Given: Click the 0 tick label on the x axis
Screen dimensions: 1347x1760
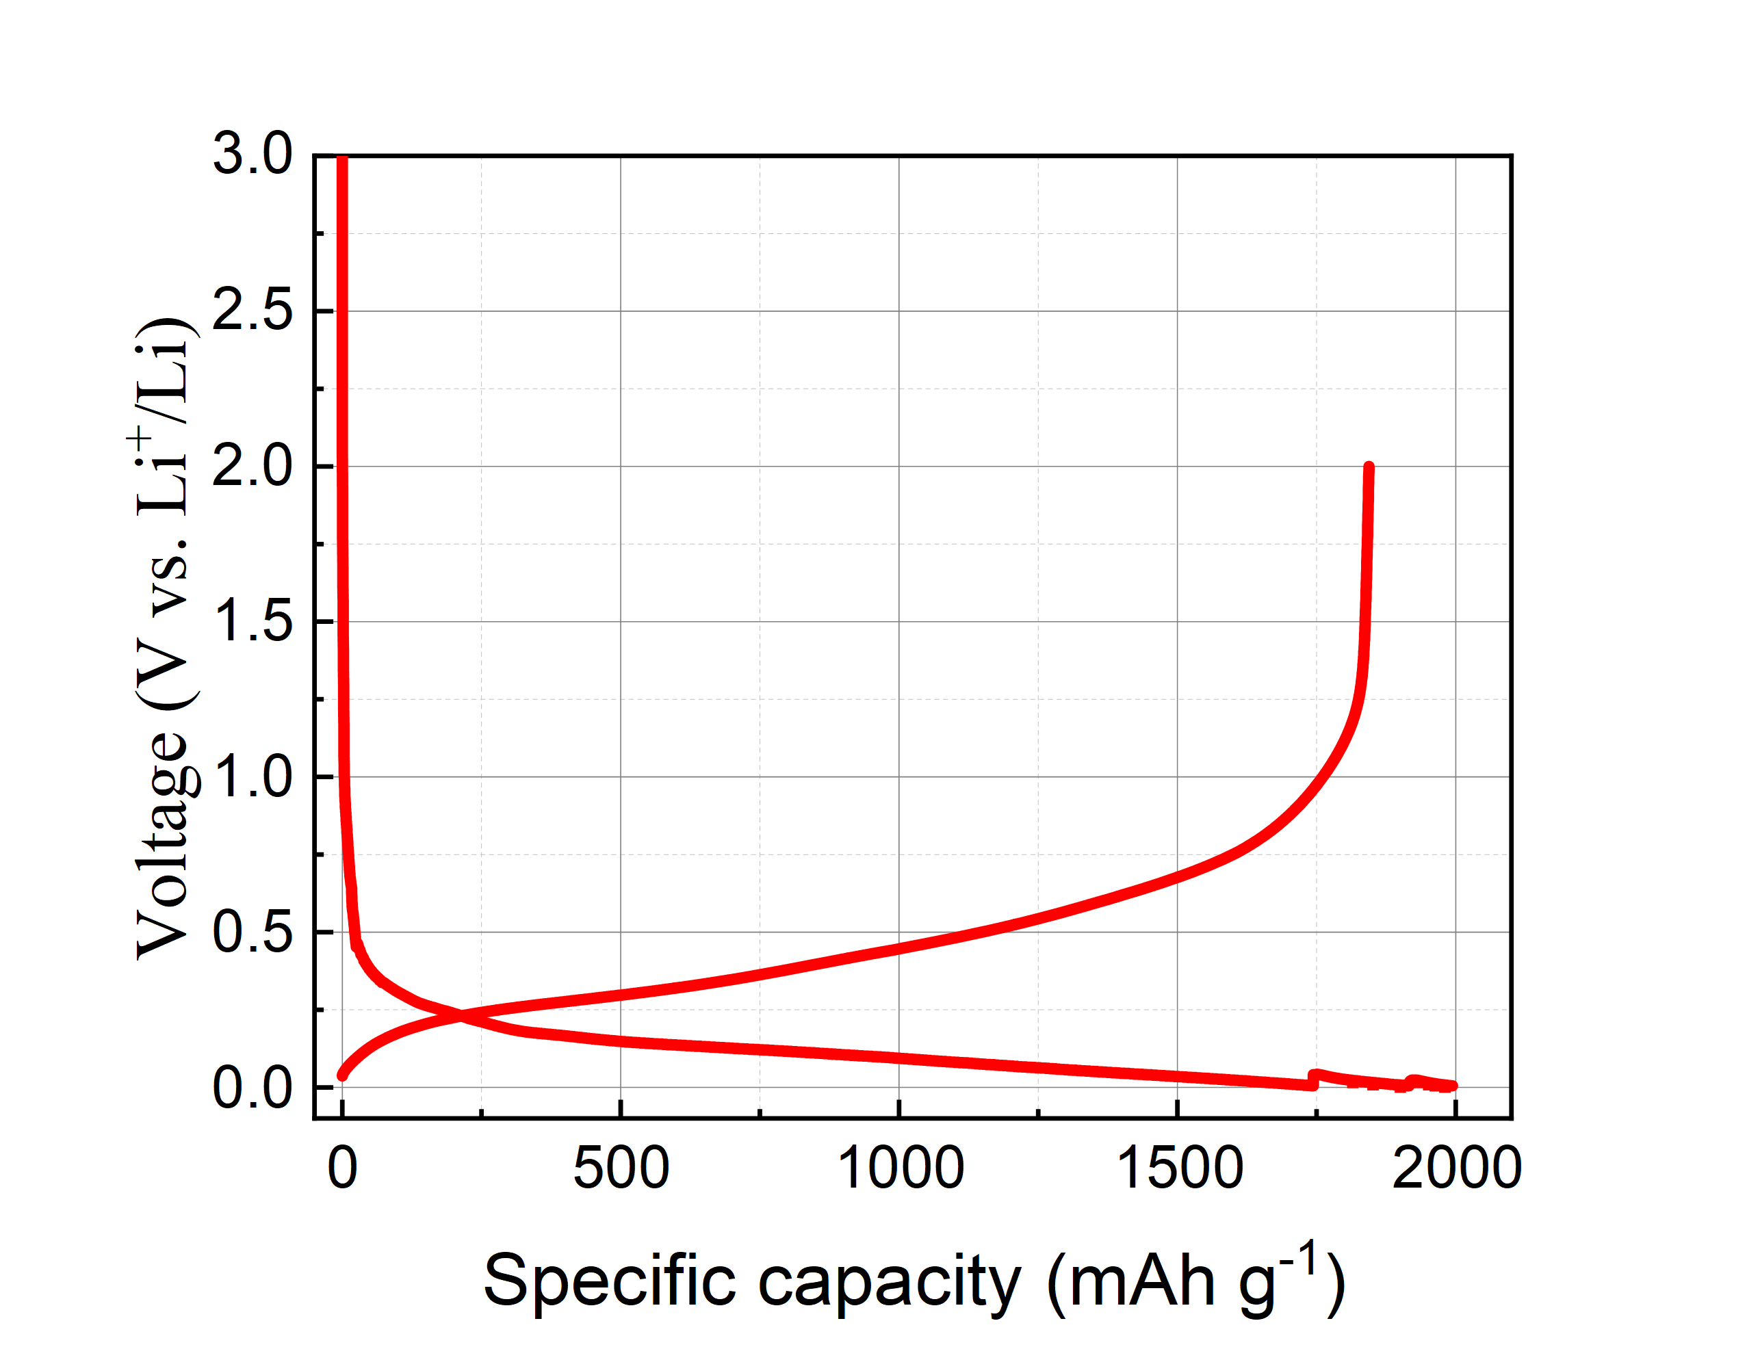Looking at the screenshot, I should click(x=342, y=1168).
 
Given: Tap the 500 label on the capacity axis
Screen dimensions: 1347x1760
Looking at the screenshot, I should click(x=621, y=1168).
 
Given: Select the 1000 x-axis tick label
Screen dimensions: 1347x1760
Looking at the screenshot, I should click(x=900, y=1168).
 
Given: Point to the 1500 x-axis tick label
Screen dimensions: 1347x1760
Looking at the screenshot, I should click(x=1178, y=1168).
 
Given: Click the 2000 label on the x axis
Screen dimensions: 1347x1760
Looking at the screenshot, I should click(x=1456, y=1168).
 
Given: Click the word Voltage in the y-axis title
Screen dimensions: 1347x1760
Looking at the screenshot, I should click(x=164, y=846).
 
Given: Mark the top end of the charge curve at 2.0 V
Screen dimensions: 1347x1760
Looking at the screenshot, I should click(x=1369, y=467).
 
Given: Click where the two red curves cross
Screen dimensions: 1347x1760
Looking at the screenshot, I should click(x=461, y=1017).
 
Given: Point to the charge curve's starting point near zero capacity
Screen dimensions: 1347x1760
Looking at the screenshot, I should click(x=342, y=1075).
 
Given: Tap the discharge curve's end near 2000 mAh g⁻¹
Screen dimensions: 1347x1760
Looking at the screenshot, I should click(x=1452, y=1086).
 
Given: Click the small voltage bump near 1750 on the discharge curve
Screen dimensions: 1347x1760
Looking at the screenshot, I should click(x=1316, y=1075).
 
